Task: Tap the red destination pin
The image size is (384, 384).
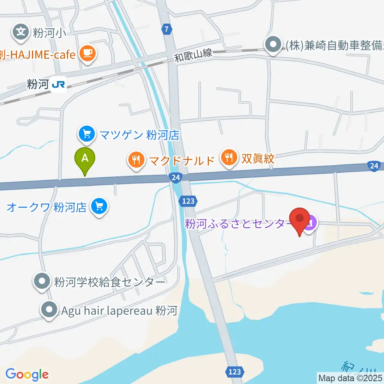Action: [x=300, y=220]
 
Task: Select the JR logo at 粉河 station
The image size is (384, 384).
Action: [x=59, y=85]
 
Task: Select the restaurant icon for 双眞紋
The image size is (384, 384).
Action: [x=228, y=157]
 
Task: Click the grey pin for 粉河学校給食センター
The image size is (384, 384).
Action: [x=42, y=282]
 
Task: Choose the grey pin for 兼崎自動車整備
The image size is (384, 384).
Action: [x=274, y=45]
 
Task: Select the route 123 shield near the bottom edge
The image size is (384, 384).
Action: [x=235, y=372]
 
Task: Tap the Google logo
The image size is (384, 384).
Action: [x=27, y=374]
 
